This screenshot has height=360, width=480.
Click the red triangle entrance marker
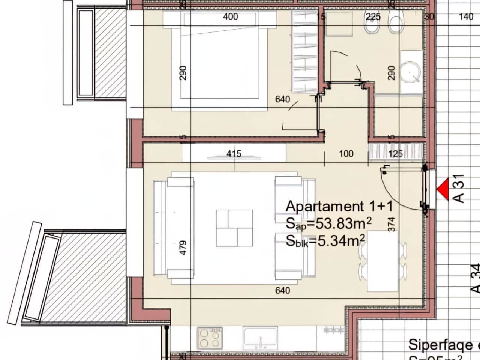(443, 189)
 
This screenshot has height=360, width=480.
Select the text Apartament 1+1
(339, 207)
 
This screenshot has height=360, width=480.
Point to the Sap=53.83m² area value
(328, 223)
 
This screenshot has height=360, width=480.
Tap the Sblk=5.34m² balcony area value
(325, 241)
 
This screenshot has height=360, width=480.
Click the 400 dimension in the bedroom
(230, 16)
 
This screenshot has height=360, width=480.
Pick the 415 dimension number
(234, 154)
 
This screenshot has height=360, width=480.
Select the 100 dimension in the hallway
(346, 154)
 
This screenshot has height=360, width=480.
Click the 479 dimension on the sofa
(183, 248)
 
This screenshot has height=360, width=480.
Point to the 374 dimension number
(391, 224)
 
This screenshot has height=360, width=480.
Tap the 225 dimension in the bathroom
(373, 16)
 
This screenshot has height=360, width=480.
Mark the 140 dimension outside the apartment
(466, 16)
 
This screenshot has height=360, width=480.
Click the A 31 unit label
(459, 189)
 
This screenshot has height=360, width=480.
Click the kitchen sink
(260, 338)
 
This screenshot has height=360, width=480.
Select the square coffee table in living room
(234, 228)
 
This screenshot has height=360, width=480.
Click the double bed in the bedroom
(219, 60)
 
